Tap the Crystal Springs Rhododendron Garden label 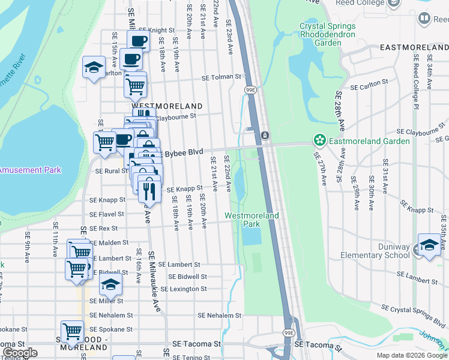tap(328, 35)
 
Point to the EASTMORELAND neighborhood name tap(414, 47)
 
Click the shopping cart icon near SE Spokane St tap(72, 331)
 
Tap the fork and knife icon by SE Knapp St tap(148, 190)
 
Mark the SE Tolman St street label tap(221, 77)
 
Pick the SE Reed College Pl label tap(415, 82)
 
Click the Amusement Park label tap(30, 170)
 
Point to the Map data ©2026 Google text tap(411, 355)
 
